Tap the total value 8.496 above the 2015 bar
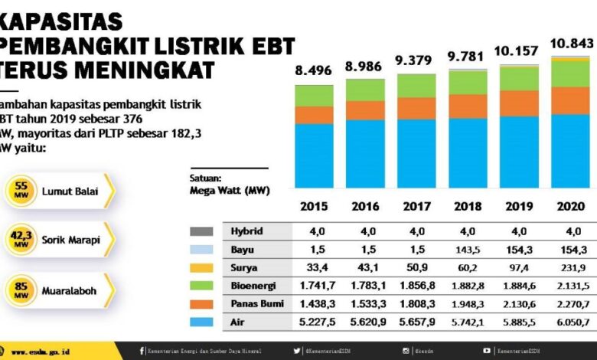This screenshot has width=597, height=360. pyautogui.click(x=314, y=70)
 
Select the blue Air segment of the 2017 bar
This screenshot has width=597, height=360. pyautogui.click(x=416, y=153)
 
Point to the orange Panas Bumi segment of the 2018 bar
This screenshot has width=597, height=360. pyautogui.click(x=467, y=106)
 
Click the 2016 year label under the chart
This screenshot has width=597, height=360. pyautogui.click(x=365, y=206)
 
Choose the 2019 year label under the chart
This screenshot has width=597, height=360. pyautogui.click(x=518, y=206)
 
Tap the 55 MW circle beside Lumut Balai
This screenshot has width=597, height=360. pyautogui.click(x=21, y=191)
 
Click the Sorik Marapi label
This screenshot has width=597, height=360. pyautogui.click(x=72, y=240)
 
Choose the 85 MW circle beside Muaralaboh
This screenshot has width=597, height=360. pyautogui.click(x=21, y=290)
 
